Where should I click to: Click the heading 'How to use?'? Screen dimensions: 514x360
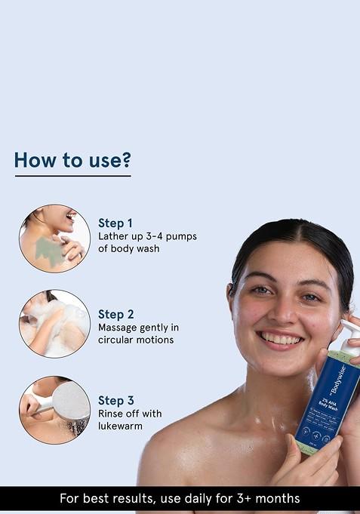point(72,160)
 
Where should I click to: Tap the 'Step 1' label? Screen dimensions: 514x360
point(115,223)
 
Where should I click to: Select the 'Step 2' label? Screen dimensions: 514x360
point(116,313)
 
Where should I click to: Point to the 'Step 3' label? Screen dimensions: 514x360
point(116,401)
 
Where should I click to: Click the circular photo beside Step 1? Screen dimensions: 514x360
point(54,237)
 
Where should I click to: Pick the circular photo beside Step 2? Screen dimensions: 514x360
point(54,323)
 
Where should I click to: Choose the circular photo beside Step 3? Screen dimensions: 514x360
point(54,410)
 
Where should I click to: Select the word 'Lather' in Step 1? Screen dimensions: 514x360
point(115,236)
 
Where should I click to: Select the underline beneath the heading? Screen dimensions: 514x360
point(72,176)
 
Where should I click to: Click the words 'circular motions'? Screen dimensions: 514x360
point(136,340)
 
